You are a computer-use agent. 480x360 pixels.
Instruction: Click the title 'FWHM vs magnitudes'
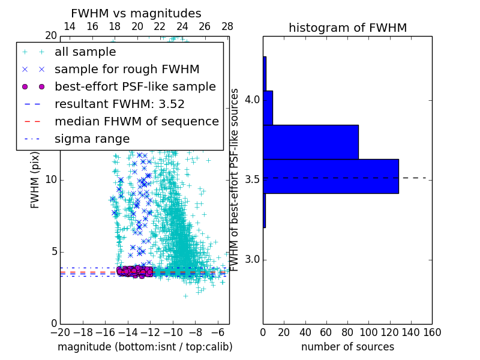pyautogui.click(x=136, y=14)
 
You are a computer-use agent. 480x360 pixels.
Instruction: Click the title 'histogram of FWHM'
pyautogui.click(x=347, y=28)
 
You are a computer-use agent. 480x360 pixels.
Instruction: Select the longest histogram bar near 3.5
pyautogui.click(x=331, y=176)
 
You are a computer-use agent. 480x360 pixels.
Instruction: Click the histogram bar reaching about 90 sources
pyautogui.click(x=310, y=142)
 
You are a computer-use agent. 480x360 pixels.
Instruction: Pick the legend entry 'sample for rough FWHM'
pyautogui.click(x=127, y=69)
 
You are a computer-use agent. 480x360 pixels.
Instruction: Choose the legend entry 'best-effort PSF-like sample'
pyautogui.click(x=135, y=86)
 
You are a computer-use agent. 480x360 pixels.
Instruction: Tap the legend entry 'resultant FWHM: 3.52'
pyautogui.click(x=119, y=104)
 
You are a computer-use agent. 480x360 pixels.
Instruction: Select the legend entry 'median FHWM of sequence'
pyautogui.click(x=136, y=121)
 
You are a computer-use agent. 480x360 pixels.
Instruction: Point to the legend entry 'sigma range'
pyautogui.click(x=92, y=139)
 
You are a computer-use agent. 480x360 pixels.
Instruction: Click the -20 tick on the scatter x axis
pyautogui.click(x=60, y=332)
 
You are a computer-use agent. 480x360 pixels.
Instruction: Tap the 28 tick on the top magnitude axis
pyautogui.click(x=227, y=26)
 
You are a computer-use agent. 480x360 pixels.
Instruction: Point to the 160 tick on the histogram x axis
pyautogui.click(x=432, y=332)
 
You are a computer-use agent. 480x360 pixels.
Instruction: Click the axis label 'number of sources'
pyautogui.click(x=347, y=347)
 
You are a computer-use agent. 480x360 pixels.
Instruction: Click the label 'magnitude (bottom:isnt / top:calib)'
pyautogui.click(x=145, y=347)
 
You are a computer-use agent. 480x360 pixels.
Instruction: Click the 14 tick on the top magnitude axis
pyautogui.click(x=70, y=26)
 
